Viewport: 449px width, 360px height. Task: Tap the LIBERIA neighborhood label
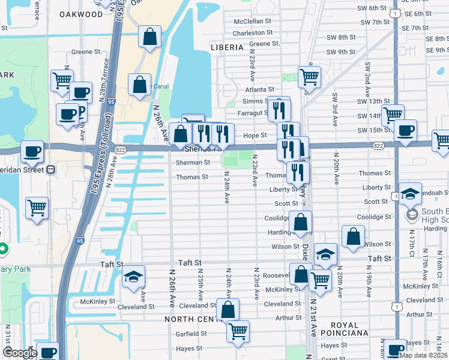click(227, 47)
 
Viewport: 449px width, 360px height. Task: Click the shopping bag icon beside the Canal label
click(139, 86)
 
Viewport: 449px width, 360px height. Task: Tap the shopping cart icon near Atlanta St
click(309, 76)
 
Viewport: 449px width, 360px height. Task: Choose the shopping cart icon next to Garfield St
click(238, 331)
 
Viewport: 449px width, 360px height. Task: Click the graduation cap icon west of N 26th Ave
click(133, 276)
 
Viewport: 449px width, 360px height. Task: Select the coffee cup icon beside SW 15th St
click(405, 130)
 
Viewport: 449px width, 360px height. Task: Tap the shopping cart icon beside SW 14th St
click(392, 115)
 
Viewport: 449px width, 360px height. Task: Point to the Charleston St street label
click(253, 33)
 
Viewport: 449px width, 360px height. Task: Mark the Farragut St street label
click(252, 112)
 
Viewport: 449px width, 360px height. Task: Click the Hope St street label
click(256, 136)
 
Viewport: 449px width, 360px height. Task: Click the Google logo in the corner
click(19, 353)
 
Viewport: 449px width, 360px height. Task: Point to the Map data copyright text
click(423, 355)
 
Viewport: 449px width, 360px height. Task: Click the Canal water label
click(160, 86)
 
